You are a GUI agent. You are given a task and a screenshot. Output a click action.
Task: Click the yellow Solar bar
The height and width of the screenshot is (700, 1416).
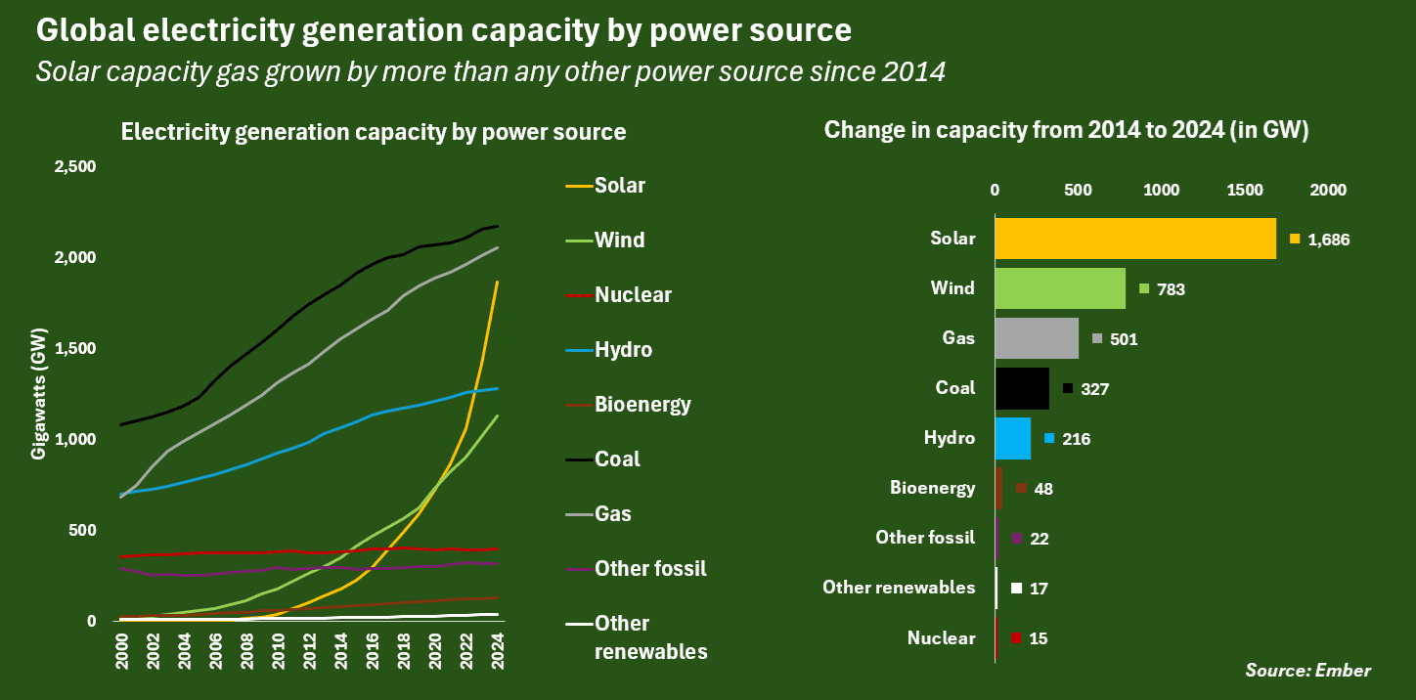[x=1134, y=239]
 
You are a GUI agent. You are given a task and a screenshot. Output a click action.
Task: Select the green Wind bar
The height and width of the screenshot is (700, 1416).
[x=1060, y=288]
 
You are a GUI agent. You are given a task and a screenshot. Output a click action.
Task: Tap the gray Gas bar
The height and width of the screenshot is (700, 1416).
[x=1037, y=338]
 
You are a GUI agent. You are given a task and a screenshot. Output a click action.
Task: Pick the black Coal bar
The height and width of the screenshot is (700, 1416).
[x=1022, y=388]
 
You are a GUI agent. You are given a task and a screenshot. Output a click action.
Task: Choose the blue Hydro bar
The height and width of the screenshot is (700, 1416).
[x=1012, y=438]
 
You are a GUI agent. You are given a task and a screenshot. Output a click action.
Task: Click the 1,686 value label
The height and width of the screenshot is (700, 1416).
[x=1328, y=240]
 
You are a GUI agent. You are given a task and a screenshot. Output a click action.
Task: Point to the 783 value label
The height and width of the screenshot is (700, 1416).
[x=1171, y=289]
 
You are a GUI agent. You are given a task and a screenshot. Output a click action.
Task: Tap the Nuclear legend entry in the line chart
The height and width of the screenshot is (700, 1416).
[x=633, y=294]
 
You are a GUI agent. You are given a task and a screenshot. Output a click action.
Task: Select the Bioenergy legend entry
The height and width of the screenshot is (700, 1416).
[x=642, y=404]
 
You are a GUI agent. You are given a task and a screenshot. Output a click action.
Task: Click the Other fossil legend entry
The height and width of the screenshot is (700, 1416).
[x=650, y=568]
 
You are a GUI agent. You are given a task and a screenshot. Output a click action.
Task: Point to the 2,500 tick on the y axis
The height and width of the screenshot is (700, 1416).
[x=74, y=167]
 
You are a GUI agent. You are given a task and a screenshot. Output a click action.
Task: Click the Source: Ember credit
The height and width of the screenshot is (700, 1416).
[x=1307, y=671]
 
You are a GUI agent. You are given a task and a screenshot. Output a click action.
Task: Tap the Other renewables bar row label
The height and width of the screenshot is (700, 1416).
[x=899, y=588]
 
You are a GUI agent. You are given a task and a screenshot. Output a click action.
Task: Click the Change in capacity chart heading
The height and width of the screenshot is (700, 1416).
[x=1066, y=131]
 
